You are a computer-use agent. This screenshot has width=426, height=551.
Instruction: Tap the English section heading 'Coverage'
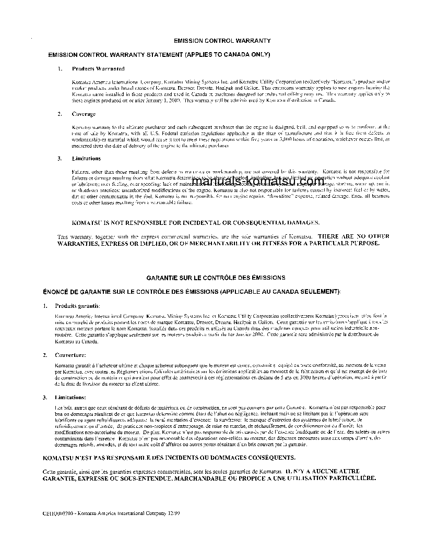(x=84, y=114)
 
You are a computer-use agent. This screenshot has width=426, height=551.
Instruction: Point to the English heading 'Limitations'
(x=86, y=158)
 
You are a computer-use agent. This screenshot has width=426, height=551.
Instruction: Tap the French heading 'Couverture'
(x=70, y=354)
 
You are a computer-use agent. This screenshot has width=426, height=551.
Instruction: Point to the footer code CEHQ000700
(x=56, y=513)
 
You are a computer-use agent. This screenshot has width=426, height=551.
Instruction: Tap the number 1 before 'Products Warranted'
(x=60, y=68)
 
